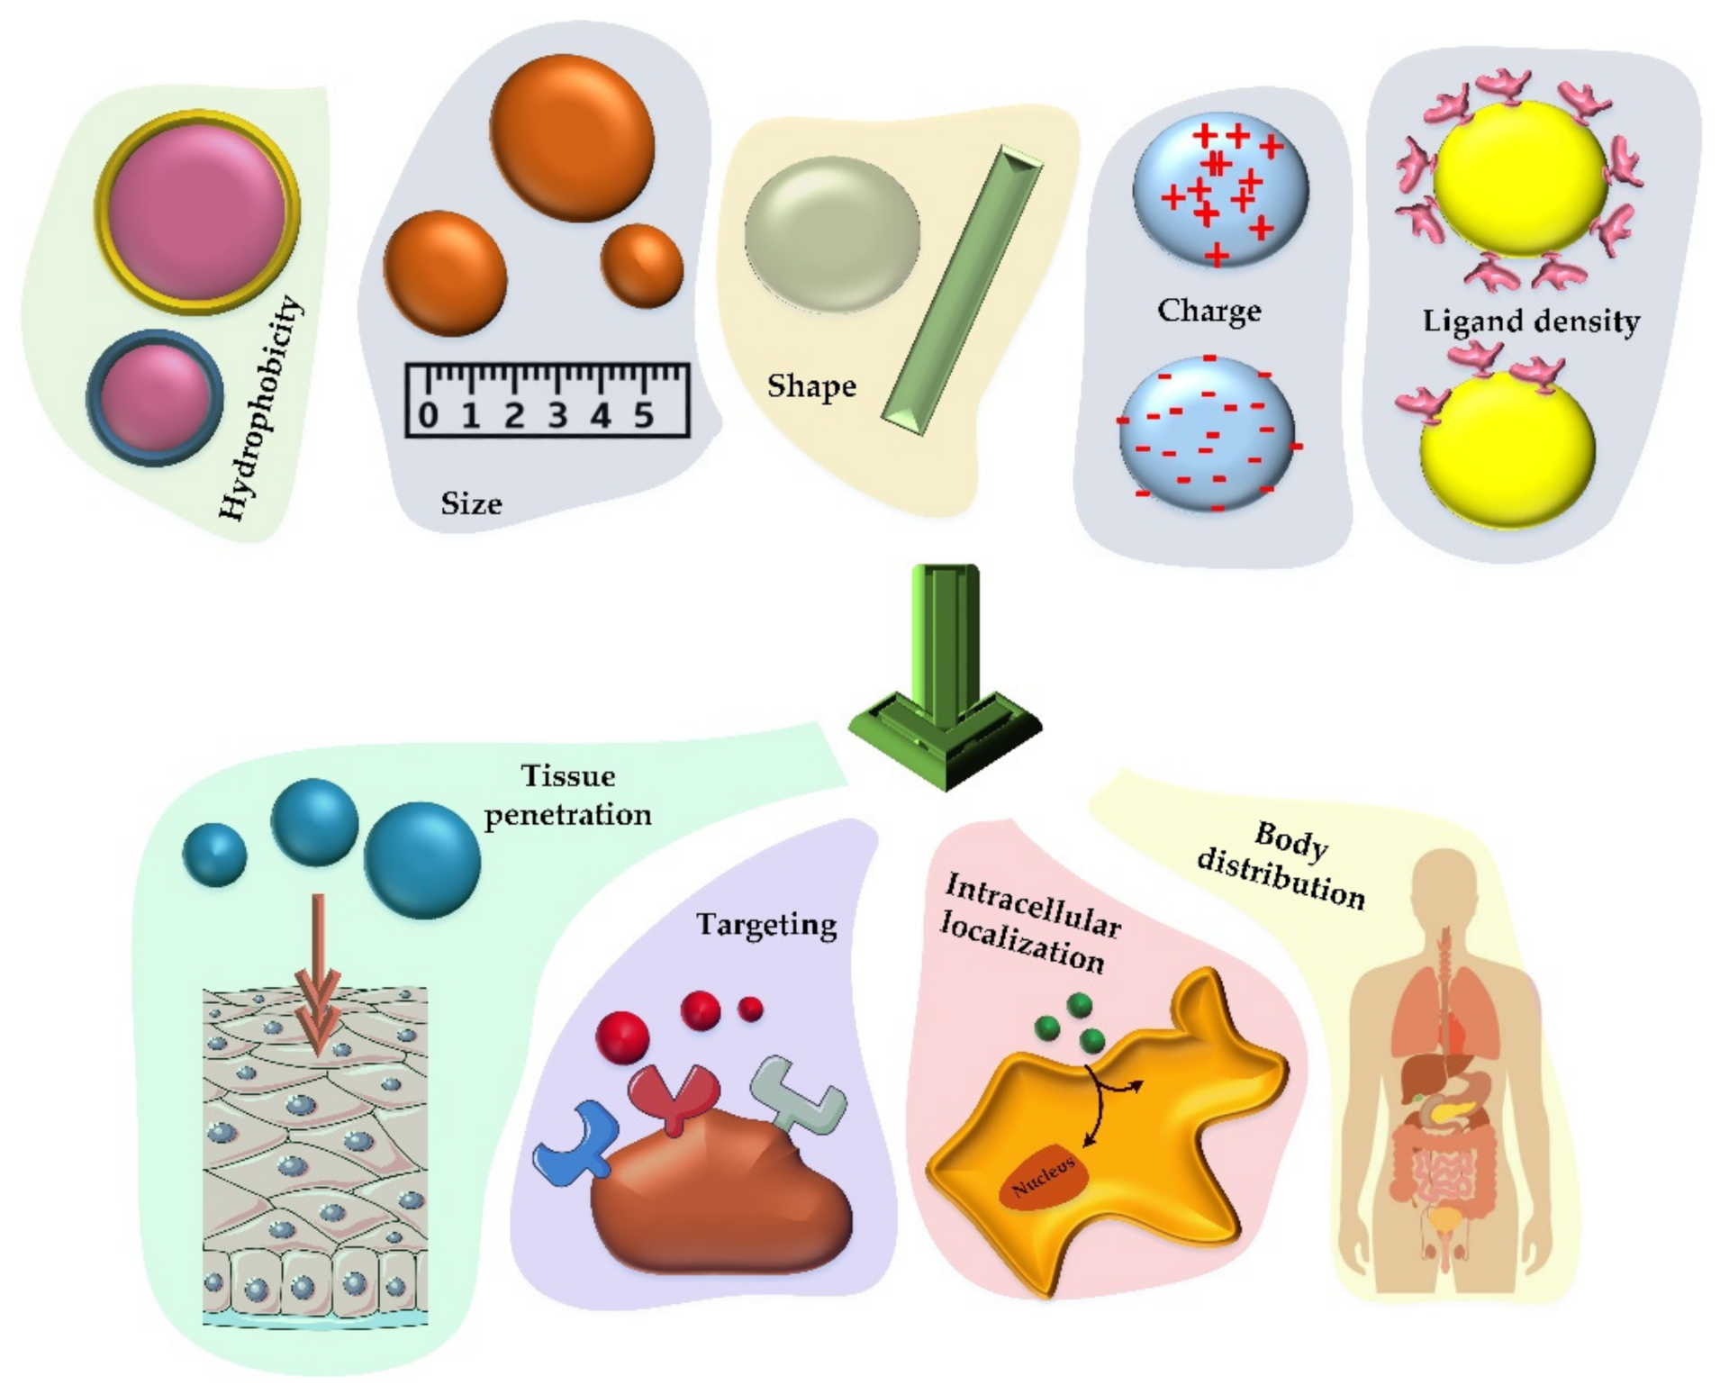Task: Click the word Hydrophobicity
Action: point(261,407)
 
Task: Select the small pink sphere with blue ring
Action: point(154,397)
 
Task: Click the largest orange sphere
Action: point(573,137)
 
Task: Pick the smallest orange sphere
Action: point(641,266)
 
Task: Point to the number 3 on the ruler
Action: point(557,415)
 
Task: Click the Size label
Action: point(471,503)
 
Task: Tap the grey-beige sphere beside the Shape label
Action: point(831,234)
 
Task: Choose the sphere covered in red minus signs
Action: point(1207,433)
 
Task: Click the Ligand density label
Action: point(1531,321)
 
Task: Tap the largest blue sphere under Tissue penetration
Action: point(421,860)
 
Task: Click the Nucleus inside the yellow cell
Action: point(1044,1177)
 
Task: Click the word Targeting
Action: point(766,925)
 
